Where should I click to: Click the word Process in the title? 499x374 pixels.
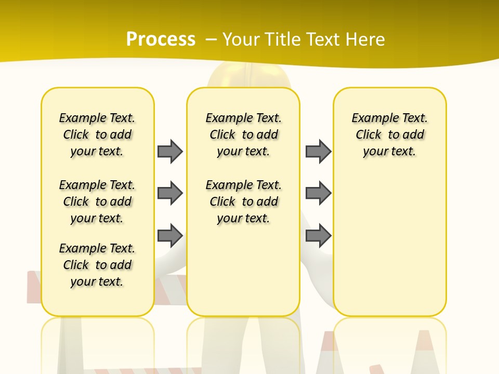[161, 39]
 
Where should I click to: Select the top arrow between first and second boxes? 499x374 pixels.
[170, 151]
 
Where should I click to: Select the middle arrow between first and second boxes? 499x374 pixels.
[170, 193]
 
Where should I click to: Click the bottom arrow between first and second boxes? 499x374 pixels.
[170, 235]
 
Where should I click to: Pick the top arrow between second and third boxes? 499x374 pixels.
[318, 151]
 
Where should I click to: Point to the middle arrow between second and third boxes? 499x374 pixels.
[318, 193]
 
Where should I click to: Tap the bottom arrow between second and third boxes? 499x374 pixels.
[318, 235]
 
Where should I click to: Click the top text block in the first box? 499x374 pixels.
[97, 135]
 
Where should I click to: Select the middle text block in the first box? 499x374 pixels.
[97, 202]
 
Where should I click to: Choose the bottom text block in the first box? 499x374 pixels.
[97, 265]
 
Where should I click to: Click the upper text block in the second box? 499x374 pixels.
[243, 135]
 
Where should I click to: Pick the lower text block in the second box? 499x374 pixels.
[243, 202]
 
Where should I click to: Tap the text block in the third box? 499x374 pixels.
[390, 135]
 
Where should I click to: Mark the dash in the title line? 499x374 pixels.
[211, 39]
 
